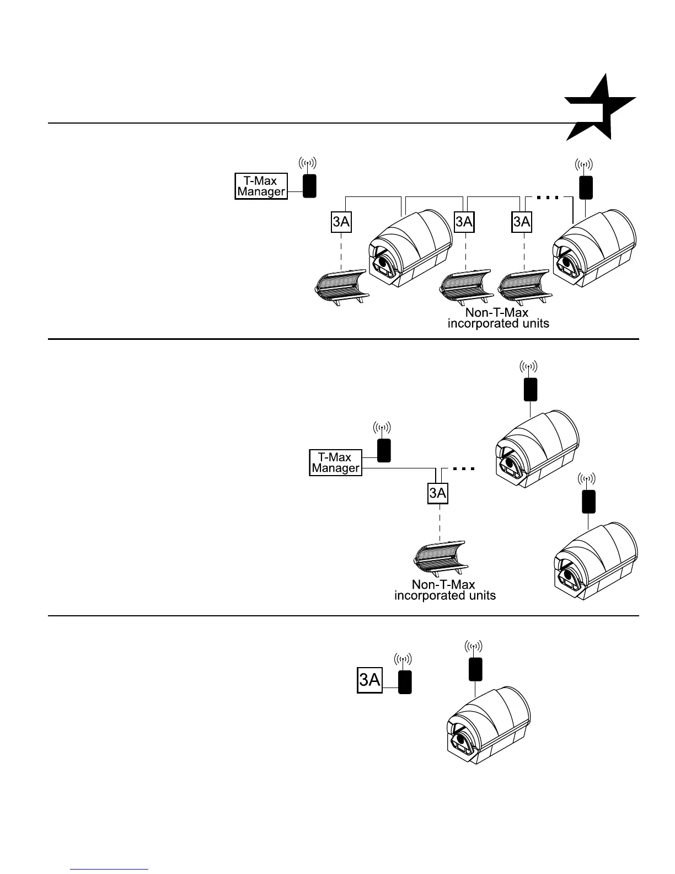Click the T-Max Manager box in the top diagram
tap(261, 186)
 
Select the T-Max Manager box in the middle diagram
tap(335, 463)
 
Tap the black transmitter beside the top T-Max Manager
tap(309, 185)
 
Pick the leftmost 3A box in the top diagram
tap(341, 222)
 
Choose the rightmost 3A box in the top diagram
tap(522, 222)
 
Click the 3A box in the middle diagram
tap(438, 493)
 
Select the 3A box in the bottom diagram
tap(369, 680)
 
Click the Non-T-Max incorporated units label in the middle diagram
tap(444, 590)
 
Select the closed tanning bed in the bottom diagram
tap(488, 726)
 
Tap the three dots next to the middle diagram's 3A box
tap(463, 469)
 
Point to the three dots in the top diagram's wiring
tap(548, 197)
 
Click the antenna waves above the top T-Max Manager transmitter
tap(308, 163)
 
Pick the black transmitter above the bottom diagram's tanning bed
tap(475, 669)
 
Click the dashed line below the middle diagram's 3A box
tap(440, 523)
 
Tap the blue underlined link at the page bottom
tap(110, 869)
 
